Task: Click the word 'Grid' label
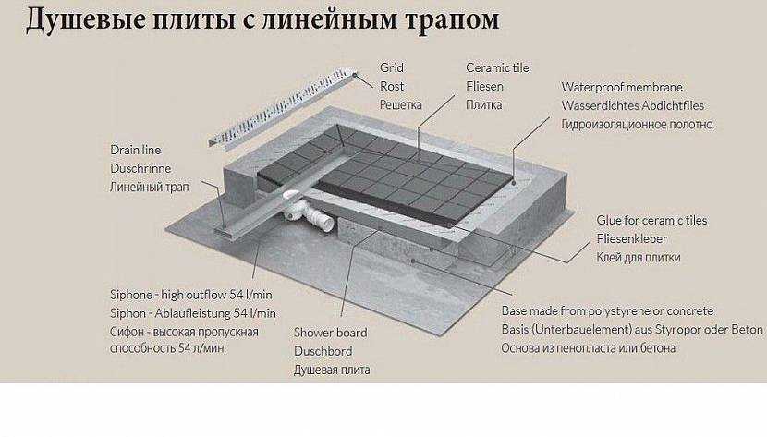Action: point(391,68)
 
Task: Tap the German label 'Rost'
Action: point(391,87)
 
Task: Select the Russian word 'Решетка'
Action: point(400,105)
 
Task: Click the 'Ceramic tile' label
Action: point(498,68)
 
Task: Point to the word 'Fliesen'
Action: point(484,87)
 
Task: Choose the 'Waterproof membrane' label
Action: point(622,87)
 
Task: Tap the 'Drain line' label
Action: point(136,150)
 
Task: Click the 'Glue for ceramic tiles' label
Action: point(651,221)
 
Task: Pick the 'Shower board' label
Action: point(330,333)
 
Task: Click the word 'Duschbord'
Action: point(323,351)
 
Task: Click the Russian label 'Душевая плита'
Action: point(332,370)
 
